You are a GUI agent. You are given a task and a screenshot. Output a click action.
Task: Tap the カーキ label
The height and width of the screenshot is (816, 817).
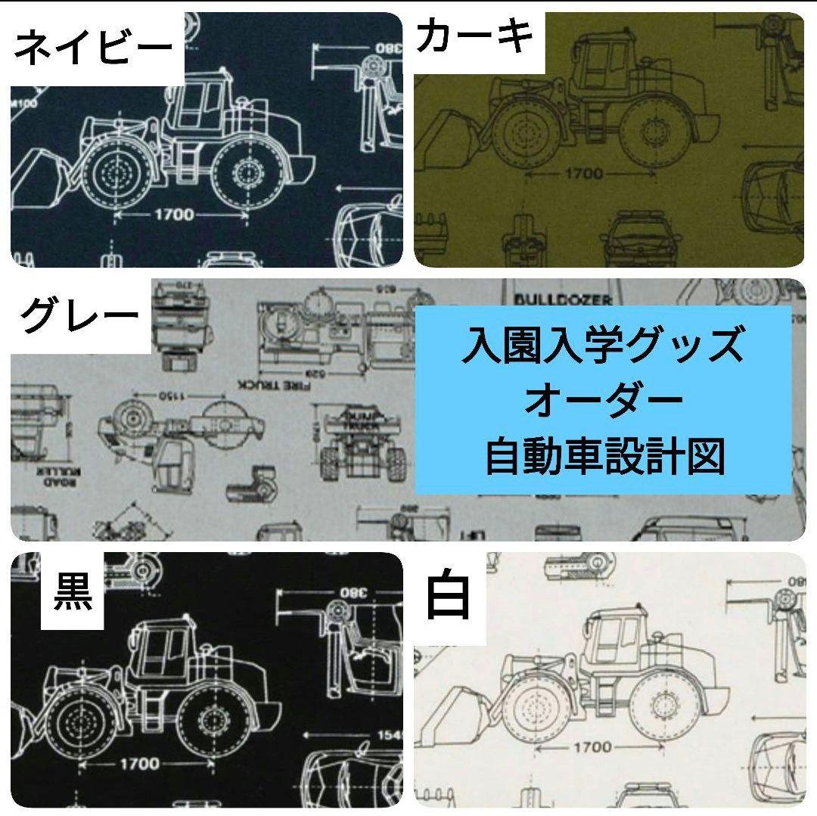coord(475,37)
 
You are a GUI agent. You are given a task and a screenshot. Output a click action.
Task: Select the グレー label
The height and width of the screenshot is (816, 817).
coord(79,316)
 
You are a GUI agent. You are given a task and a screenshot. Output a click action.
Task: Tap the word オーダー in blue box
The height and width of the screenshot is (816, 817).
coord(603,401)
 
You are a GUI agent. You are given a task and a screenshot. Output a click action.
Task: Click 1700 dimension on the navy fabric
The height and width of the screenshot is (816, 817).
coord(174,215)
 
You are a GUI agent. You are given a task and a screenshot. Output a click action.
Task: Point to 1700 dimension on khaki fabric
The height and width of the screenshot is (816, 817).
coord(583,174)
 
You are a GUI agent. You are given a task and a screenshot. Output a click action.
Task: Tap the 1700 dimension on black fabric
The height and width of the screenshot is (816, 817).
coord(139,763)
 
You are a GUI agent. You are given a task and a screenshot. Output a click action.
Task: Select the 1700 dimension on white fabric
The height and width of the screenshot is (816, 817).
coord(592,747)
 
